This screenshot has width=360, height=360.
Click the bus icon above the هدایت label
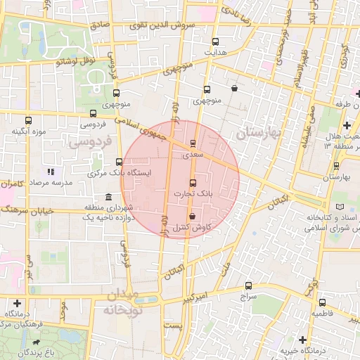(215, 41)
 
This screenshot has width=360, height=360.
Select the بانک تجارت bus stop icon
(194, 182)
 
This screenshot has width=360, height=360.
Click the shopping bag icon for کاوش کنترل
(193, 217)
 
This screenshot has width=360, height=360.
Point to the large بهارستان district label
(258, 131)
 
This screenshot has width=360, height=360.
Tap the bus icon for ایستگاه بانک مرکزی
(117, 163)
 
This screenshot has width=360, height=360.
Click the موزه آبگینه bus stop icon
(28, 120)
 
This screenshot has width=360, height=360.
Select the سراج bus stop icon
(248, 285)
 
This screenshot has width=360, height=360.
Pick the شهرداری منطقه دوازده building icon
(108, 198)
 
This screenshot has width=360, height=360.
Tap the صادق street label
(101, 25)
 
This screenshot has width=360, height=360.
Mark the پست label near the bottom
(172, 326)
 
